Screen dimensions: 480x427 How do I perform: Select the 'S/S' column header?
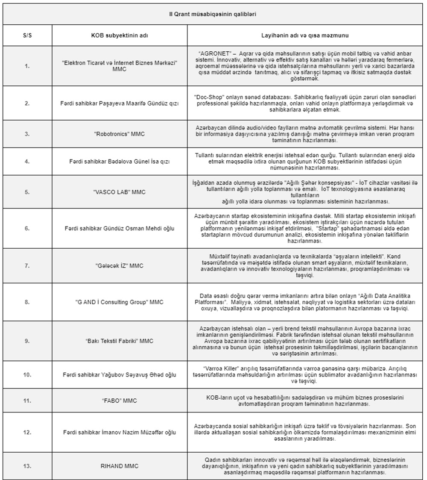click(x=27, y=36)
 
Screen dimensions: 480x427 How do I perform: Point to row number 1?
click(x=27, y=66)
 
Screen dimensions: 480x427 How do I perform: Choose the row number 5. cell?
click(x=27, y=192)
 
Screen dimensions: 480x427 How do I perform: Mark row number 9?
click(x=27, y=341)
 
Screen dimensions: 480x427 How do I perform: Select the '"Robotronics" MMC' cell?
click(x=119, y=134)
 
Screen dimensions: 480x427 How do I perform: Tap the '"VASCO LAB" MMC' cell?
click(x=119, y=192)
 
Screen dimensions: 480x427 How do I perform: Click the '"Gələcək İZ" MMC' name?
click(x=119, y=266)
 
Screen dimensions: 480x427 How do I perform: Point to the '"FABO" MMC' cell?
click(x=119, y=400)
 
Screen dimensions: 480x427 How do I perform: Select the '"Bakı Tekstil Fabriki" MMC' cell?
click(x=119, y=341)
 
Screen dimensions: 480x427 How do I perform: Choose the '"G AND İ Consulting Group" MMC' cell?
click(x=119, y=302)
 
